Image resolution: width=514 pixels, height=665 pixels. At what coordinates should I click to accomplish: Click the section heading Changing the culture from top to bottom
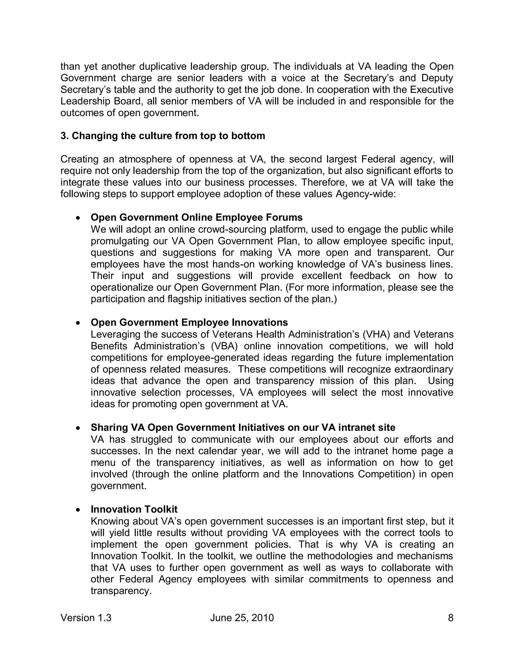click(x=163, y=136)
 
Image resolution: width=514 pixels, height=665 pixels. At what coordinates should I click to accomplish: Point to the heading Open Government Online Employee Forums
click(x=197, y=217)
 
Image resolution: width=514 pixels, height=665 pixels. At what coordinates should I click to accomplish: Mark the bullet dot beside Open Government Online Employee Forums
click(x=78, y=218)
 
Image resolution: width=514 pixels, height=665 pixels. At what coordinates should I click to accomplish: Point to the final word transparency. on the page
click(x=121, y=591)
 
